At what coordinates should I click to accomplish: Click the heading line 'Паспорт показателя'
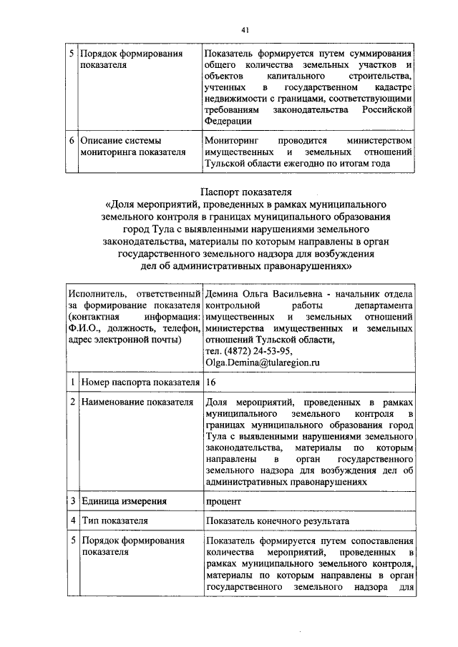tap(244, 192)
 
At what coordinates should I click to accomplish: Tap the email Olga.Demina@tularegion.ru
tap(262, 363)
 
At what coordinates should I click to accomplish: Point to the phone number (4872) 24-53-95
tap(255, 351)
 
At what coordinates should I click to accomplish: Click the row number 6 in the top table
tap(72, 140)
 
